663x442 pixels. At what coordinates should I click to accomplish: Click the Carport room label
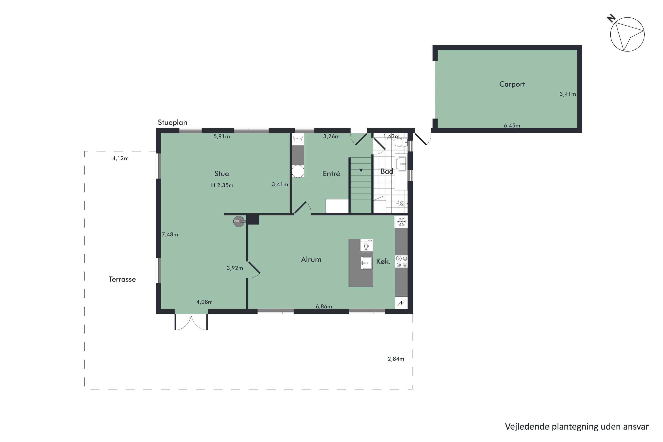click(512, 84)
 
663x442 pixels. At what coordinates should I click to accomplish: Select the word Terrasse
click(122, 279)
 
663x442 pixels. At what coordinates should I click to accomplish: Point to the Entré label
click(331, 174)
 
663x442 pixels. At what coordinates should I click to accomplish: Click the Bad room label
click(387, 171)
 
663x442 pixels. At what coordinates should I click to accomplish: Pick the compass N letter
click(611, 19)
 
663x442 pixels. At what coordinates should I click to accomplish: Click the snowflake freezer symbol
click(401, 222)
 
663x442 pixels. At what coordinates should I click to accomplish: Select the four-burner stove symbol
click(401, 261)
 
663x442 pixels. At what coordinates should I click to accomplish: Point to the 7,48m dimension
click(170, 234)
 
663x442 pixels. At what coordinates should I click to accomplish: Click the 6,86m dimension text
click(324, 306)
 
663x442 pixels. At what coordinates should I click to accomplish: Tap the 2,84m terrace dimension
click(396, 359)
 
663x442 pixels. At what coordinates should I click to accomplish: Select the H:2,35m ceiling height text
click(222, 185)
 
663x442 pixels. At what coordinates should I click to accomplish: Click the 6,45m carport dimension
click(512, 126)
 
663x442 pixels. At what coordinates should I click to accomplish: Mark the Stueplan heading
click(173, 123)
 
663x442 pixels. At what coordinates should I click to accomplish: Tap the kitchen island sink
click(366, 263)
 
